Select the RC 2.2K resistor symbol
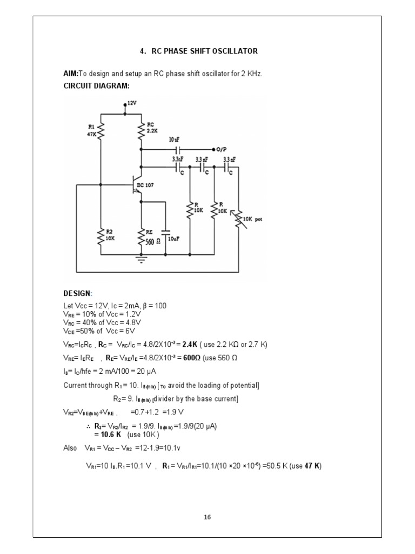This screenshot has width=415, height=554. pos(141,130)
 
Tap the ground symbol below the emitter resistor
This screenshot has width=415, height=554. pos(141,260)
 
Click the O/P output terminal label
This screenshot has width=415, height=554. pos(222,148)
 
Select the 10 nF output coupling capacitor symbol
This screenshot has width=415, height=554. pos(177,148)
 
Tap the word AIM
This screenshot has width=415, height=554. pos(70,74)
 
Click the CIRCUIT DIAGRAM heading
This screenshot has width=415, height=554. pos(96,85)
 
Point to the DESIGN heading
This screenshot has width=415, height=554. pos(77,293)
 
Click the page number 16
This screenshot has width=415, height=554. pos(207,517)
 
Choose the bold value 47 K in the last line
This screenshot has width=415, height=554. pos(312,466)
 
